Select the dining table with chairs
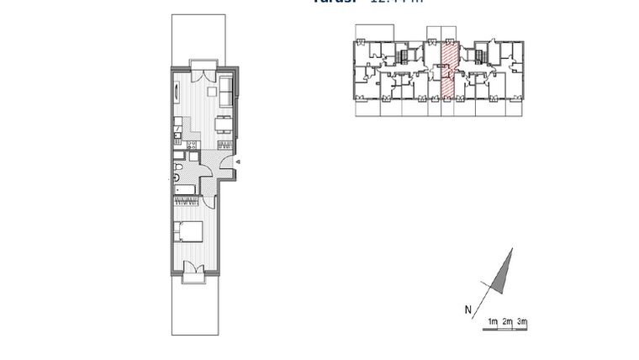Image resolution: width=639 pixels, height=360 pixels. (224, 125)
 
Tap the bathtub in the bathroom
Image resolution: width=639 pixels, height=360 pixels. (186, 191)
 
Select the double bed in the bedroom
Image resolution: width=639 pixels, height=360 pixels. (188, 230)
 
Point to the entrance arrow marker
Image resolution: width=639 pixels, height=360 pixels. (238, 161)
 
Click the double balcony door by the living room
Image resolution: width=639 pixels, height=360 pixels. (203, 72)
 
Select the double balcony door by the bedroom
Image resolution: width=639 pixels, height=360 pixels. (193, 269)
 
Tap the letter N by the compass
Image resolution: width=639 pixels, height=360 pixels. (467, 310)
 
